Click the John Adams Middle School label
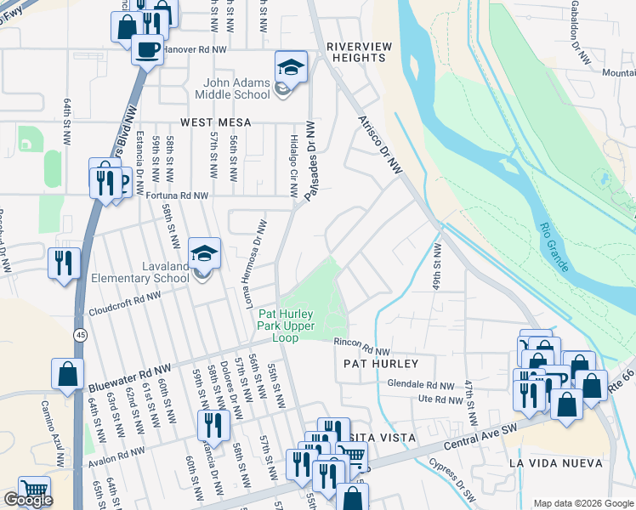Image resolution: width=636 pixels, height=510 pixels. point(236,88)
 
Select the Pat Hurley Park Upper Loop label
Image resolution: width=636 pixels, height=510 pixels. point(286,326)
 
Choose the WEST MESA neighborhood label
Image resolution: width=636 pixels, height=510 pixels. point(212,122)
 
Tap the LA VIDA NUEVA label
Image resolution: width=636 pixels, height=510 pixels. point(555,463)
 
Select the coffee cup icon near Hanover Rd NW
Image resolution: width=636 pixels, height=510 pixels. point(147,48)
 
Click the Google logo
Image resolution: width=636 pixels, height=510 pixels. point(28,500)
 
